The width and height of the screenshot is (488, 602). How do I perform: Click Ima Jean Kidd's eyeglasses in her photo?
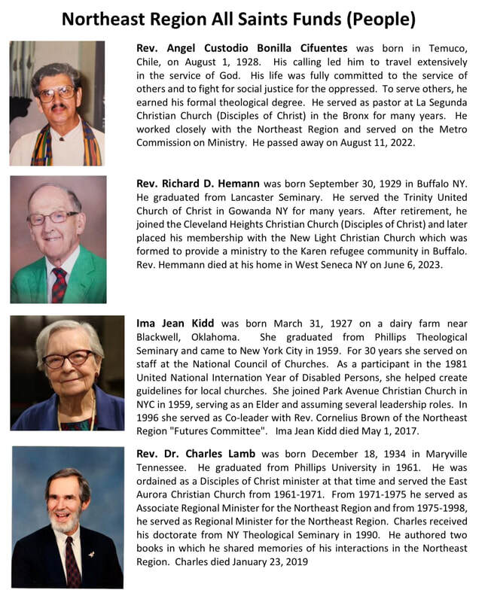(69, 359)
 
